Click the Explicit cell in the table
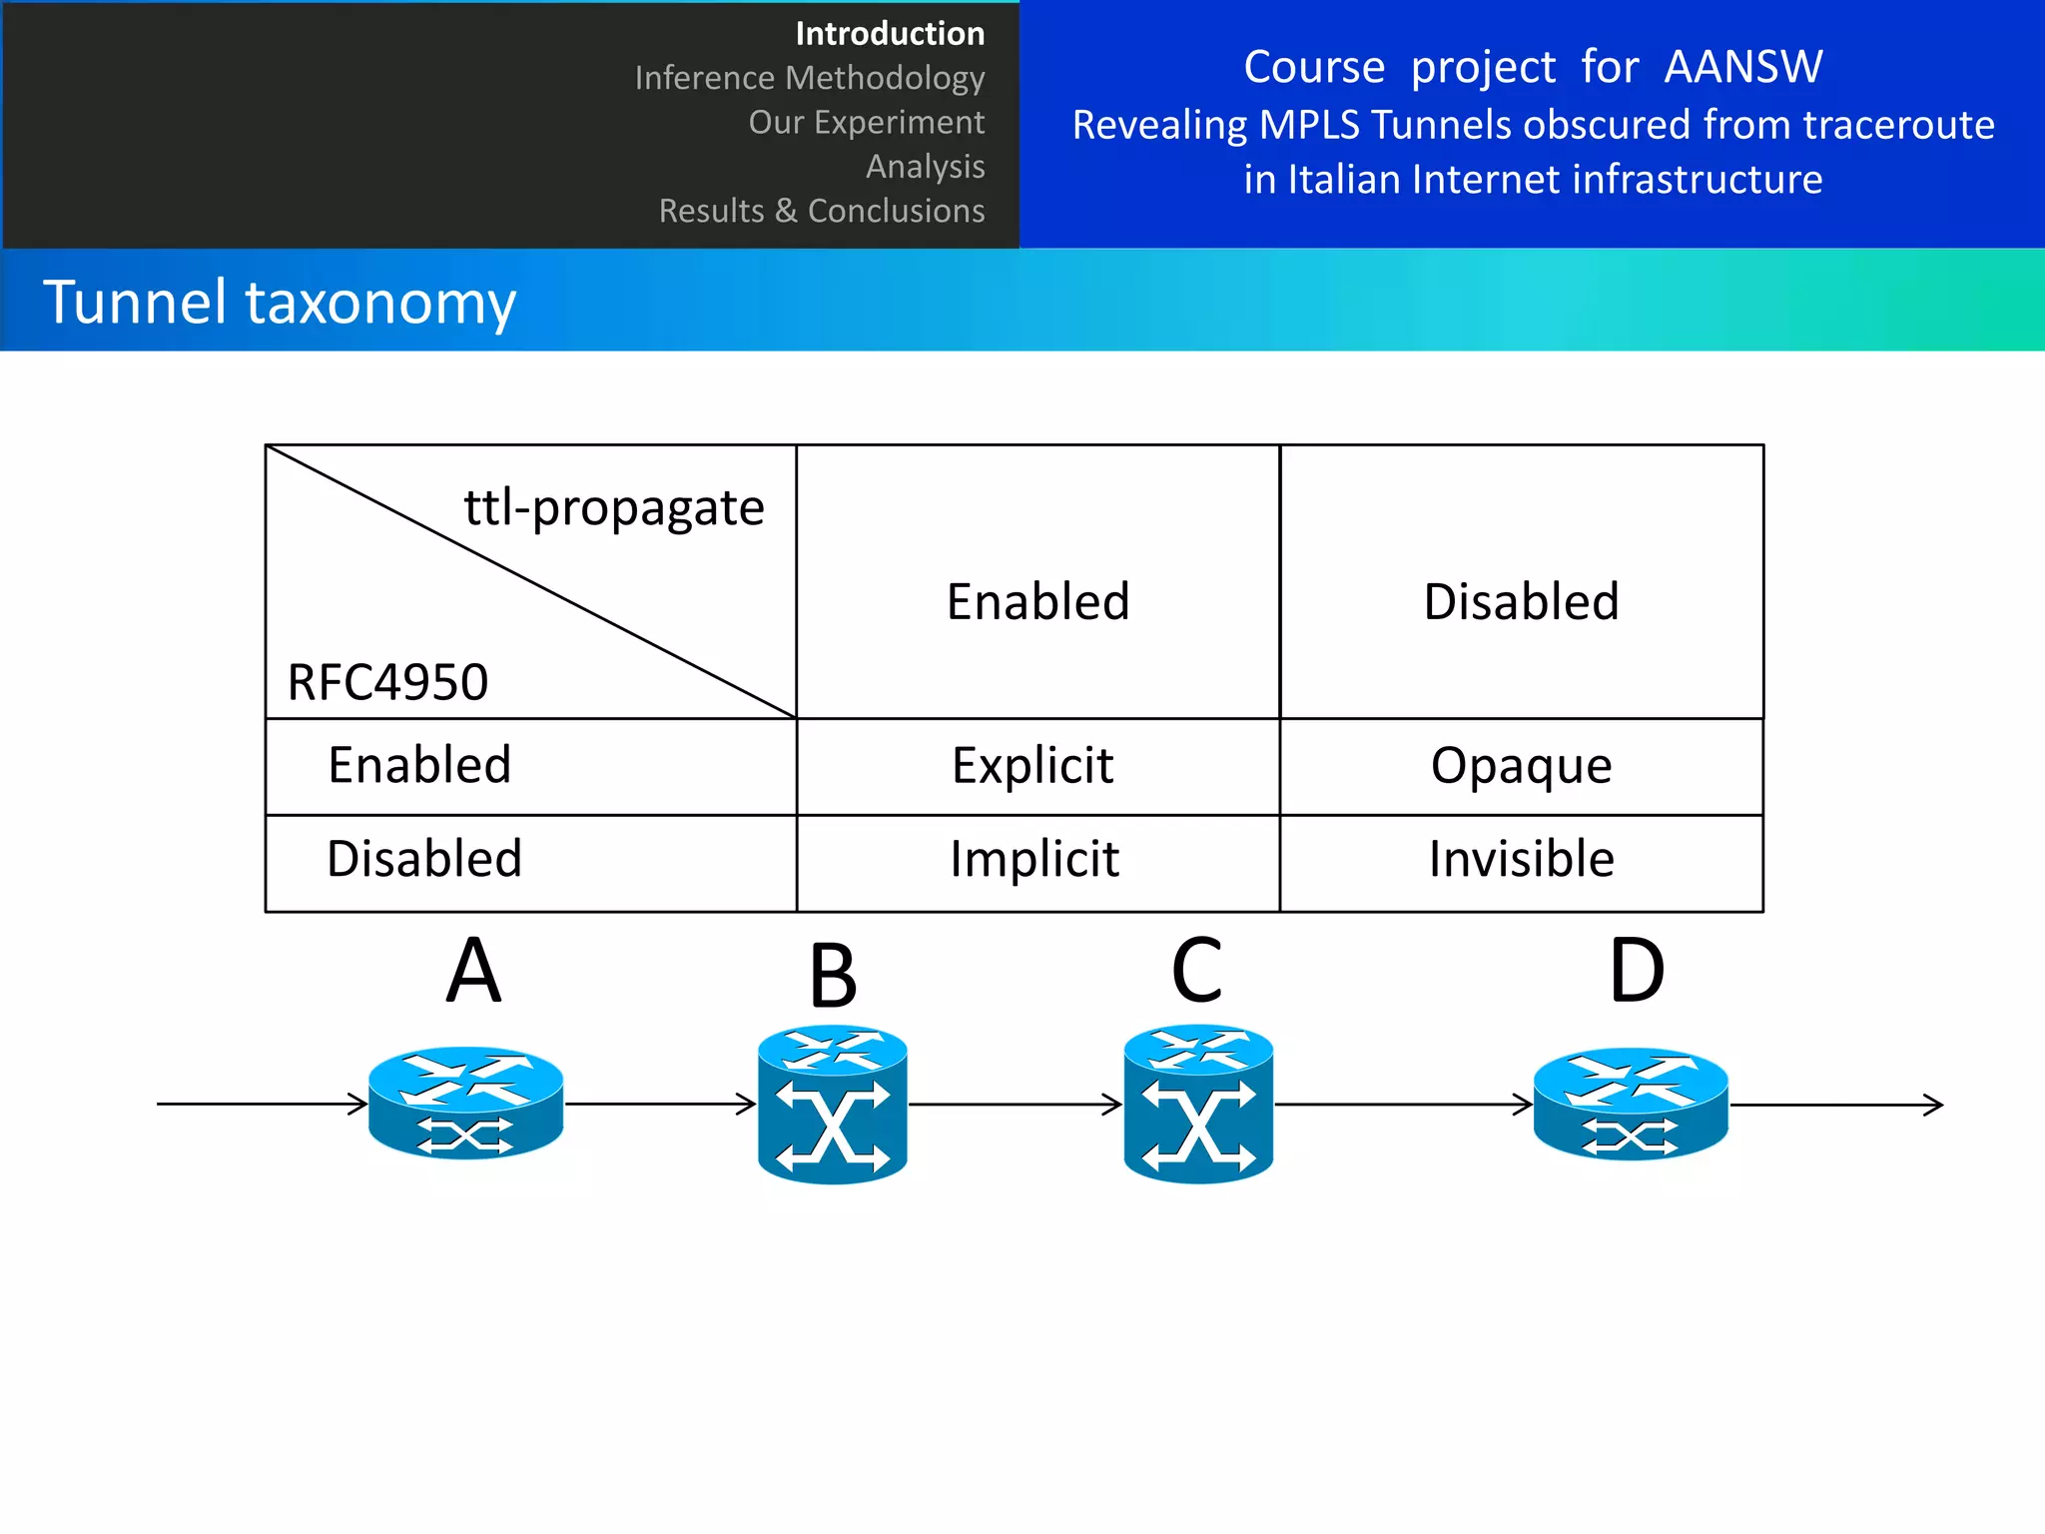pyautogui.click(x=1032, y=766)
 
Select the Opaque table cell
pyautogui.click(x=1521, y=766)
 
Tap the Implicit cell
pyautogui.click(x=1034, y=859)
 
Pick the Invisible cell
pyautogui.click(x=1521, y=859)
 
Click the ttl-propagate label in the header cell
pyautogui.click(x=614, y=508)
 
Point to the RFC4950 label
pyautogui.click(x=387, y=683)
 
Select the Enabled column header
pyautogui.click(x=1037, y=601)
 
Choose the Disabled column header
pyautogui.click(x=1521, y=601)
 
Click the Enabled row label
pyautogui.click(x=419, y=766)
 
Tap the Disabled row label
pyautogui.click(x=424, y=859)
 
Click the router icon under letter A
pyautogui.click(x=465, y=1103)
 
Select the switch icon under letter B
pyautogui.click(x=832, y=1105)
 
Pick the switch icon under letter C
pyautogui.click(x=1198, y=1105)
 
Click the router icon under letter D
pyautogui.click(x=1630, y=1104)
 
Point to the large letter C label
pyautogui.click(x=1196, y=971)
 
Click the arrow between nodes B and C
pyautogui.click(x=1015, y=1105)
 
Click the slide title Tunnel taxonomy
pyautogui.click(x=280, y=302)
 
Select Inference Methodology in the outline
pyautogui.click(x=809, y=78)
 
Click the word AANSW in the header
pyautogui.click(x=1742, y=67)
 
